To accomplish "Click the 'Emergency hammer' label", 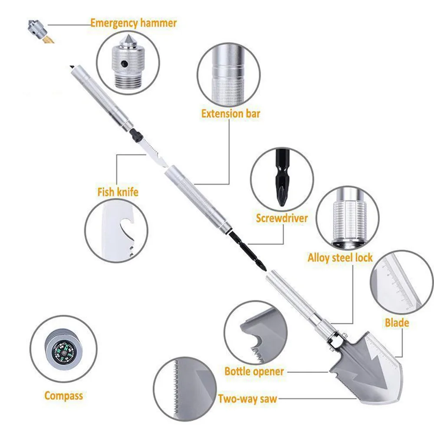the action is tap(133, 23).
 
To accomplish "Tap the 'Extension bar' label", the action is tap(230, 114).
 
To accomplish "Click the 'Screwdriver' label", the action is tap(282, 218).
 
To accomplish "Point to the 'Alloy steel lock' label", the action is tap(340, 257).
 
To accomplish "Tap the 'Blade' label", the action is tap(397, 323).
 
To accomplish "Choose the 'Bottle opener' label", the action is tap(254, 372).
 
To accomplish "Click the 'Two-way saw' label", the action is tap(247, 399).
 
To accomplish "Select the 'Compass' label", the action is tap(63, 395).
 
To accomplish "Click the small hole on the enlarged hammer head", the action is tap(124, 63).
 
